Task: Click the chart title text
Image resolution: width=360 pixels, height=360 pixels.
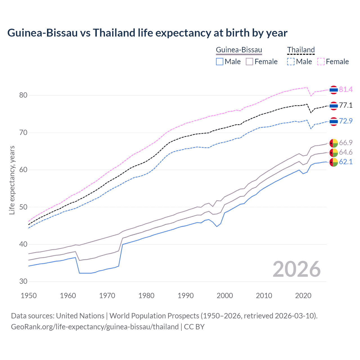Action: tap(147, 33)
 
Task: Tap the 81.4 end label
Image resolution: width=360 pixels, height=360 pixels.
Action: tap(346, 89)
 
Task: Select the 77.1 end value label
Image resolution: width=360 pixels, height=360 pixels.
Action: tap(346, 105)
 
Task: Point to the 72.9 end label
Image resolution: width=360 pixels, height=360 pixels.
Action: tap(346, 121)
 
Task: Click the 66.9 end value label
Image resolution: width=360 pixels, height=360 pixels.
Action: tap(346, 143)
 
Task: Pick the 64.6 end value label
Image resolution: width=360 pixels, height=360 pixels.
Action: tap(346, 152)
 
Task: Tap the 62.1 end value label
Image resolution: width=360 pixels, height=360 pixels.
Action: tap(346, 162)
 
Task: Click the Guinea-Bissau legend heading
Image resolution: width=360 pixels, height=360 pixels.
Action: tap(239, 50)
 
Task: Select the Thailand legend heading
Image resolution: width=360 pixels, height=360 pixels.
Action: tap(301, 50)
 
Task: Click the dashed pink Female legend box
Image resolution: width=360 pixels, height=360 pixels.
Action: tap(321, 62)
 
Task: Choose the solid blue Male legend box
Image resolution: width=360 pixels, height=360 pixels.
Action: tap(220, 62)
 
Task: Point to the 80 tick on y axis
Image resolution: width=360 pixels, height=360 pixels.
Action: tap(23, 95)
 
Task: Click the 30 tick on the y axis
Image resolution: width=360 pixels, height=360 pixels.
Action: tap(23, 281)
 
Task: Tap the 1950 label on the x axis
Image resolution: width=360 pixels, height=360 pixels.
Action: tap(29, 296)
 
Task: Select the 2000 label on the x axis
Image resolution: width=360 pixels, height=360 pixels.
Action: tap(225, 296)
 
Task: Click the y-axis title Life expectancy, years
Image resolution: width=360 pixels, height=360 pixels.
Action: tap(12, 180)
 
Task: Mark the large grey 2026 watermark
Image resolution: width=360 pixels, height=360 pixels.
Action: tap(296, 269)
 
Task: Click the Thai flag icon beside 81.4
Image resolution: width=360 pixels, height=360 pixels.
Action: tap(334, 90)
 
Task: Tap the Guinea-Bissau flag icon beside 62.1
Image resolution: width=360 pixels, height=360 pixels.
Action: tap(334, 162)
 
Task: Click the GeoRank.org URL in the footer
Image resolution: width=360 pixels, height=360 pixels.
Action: tap(95, 327)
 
